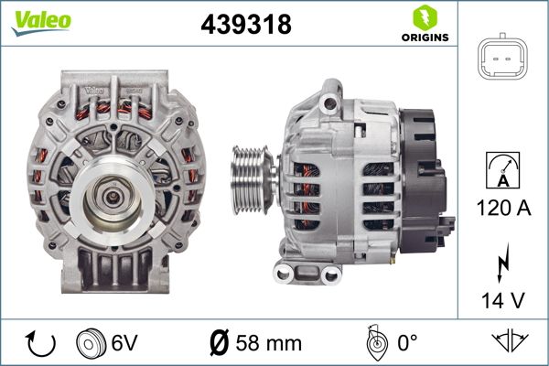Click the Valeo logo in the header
click(x=41, y=22)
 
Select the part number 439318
click(x=246, y=24)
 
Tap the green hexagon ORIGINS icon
click(x=425, y=18)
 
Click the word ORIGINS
click(x=425, y=38)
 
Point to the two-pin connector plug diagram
click(x=502, y=57)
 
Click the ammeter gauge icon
click(x=502, y=170)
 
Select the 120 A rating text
click(x=503, y=208)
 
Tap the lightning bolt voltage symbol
click(x=502, y=263)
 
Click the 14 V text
click(x=503, y=300)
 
